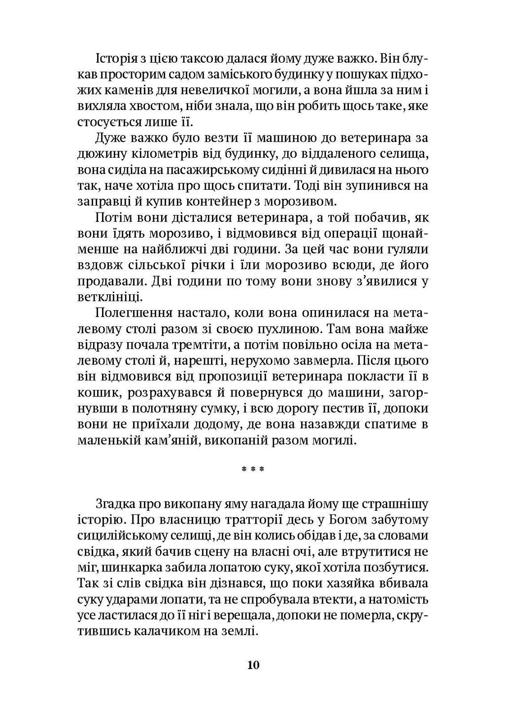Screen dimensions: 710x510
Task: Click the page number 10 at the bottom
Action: pos(253,665)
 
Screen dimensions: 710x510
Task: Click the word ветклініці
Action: pos(103,297)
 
